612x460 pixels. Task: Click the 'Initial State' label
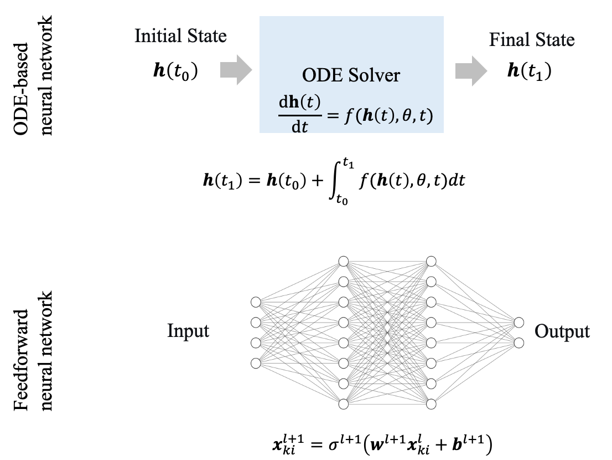[x=180, y=37]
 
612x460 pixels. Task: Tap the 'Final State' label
[x=532, y=40]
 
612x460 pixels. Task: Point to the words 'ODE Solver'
[x=351, y=75]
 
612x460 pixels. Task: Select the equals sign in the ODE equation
[x=330, y=116]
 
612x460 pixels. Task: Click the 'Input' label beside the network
[x=188, y=331]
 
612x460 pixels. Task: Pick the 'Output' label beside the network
[x=562, y=331]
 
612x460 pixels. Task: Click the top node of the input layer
[x=255, y=302]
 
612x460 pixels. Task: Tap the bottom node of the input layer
[x=255, y=363]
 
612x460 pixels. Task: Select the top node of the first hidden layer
[x=344, y=261]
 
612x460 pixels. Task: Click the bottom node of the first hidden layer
[x=344, y=404]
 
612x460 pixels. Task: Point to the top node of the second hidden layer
[x=431, y=261]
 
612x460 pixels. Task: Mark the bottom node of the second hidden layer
[x=431, y=404]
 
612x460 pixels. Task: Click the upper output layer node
[x=518, y=322]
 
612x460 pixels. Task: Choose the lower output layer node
[x=518, y=343]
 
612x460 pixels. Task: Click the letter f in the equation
[x=346, y=117]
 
